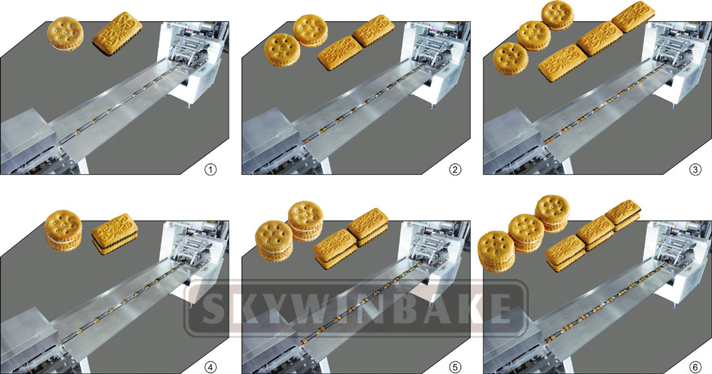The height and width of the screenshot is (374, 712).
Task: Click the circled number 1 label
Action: pyautogui.click(x=210, y=170)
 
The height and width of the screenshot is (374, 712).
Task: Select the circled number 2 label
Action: pyautogui.click(x=455, y=170)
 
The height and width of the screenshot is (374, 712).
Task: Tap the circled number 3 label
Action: pyautogui.click(x=694, y=170)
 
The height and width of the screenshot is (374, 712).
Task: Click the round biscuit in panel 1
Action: pyautogui.click(x=66, y=34)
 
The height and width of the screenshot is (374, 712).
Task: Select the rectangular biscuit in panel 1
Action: pyautogui.click(x=117, y=34)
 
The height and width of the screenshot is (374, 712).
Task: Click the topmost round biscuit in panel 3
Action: pyautogui.click(x=557, y=15)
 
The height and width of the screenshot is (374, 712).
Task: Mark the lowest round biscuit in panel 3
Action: pyautogui.click(x=510, y=58)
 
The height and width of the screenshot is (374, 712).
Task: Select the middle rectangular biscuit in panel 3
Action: pyautogui.click(x=597, y=39)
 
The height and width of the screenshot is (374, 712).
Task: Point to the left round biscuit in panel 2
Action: pyautogui.click(x=282, y=49)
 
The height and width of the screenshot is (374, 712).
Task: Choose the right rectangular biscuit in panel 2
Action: pyautogui.click(x=373, y=31)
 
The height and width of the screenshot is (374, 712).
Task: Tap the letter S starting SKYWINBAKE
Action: pyautogui.click(x=209, y=308)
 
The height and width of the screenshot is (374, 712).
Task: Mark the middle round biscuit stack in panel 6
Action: pyautogui.click(x=526, y=233)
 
